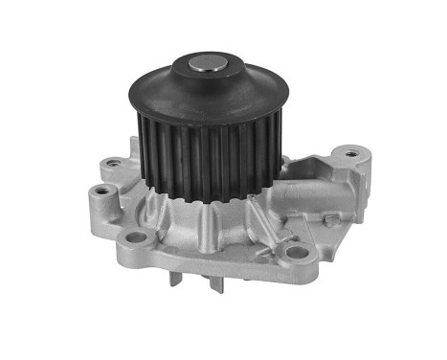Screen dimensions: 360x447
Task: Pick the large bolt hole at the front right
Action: point(297,253)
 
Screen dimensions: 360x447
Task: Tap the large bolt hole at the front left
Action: point(137,236)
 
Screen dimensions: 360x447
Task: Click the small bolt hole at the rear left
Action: point(116,163)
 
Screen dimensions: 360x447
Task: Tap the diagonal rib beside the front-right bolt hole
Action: point(268,235)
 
